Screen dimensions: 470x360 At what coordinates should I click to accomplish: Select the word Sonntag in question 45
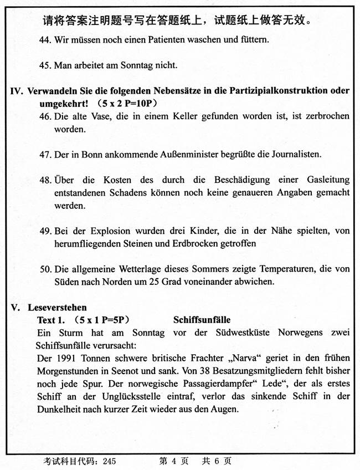[141, 65]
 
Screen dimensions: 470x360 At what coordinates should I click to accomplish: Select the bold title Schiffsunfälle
[202, 320]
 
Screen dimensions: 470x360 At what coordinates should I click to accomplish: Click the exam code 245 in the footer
[109, 461]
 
